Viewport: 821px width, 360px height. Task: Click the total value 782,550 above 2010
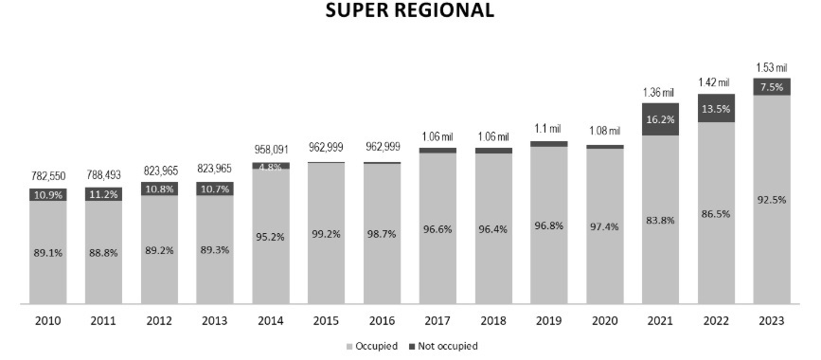point(48,176)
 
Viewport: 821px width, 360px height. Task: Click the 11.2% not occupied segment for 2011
point(104,194)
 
